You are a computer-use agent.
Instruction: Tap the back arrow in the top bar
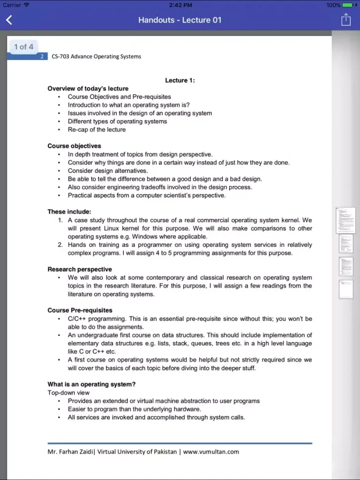9,20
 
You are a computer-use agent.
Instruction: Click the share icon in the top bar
346,20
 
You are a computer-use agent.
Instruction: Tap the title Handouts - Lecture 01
180,20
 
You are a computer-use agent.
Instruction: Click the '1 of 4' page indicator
24,47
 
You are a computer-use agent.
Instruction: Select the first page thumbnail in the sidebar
346,220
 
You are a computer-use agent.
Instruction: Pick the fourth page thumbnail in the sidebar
346,289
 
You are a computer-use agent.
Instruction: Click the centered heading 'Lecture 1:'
180,80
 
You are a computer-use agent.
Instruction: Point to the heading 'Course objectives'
74,146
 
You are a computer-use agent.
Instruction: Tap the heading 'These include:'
69,212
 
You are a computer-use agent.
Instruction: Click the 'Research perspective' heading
80,269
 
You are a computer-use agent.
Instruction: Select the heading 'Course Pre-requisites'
80,310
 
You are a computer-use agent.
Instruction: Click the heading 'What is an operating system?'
92,384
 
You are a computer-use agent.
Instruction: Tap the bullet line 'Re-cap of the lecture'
96,130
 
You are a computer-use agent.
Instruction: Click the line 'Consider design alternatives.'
108,171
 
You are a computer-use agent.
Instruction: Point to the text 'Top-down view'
69,393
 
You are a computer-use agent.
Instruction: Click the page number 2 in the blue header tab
42,57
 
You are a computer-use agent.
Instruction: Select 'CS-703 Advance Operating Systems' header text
96,57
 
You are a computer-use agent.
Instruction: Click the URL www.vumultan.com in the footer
211,452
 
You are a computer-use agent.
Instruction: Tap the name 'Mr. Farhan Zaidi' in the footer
70,452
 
